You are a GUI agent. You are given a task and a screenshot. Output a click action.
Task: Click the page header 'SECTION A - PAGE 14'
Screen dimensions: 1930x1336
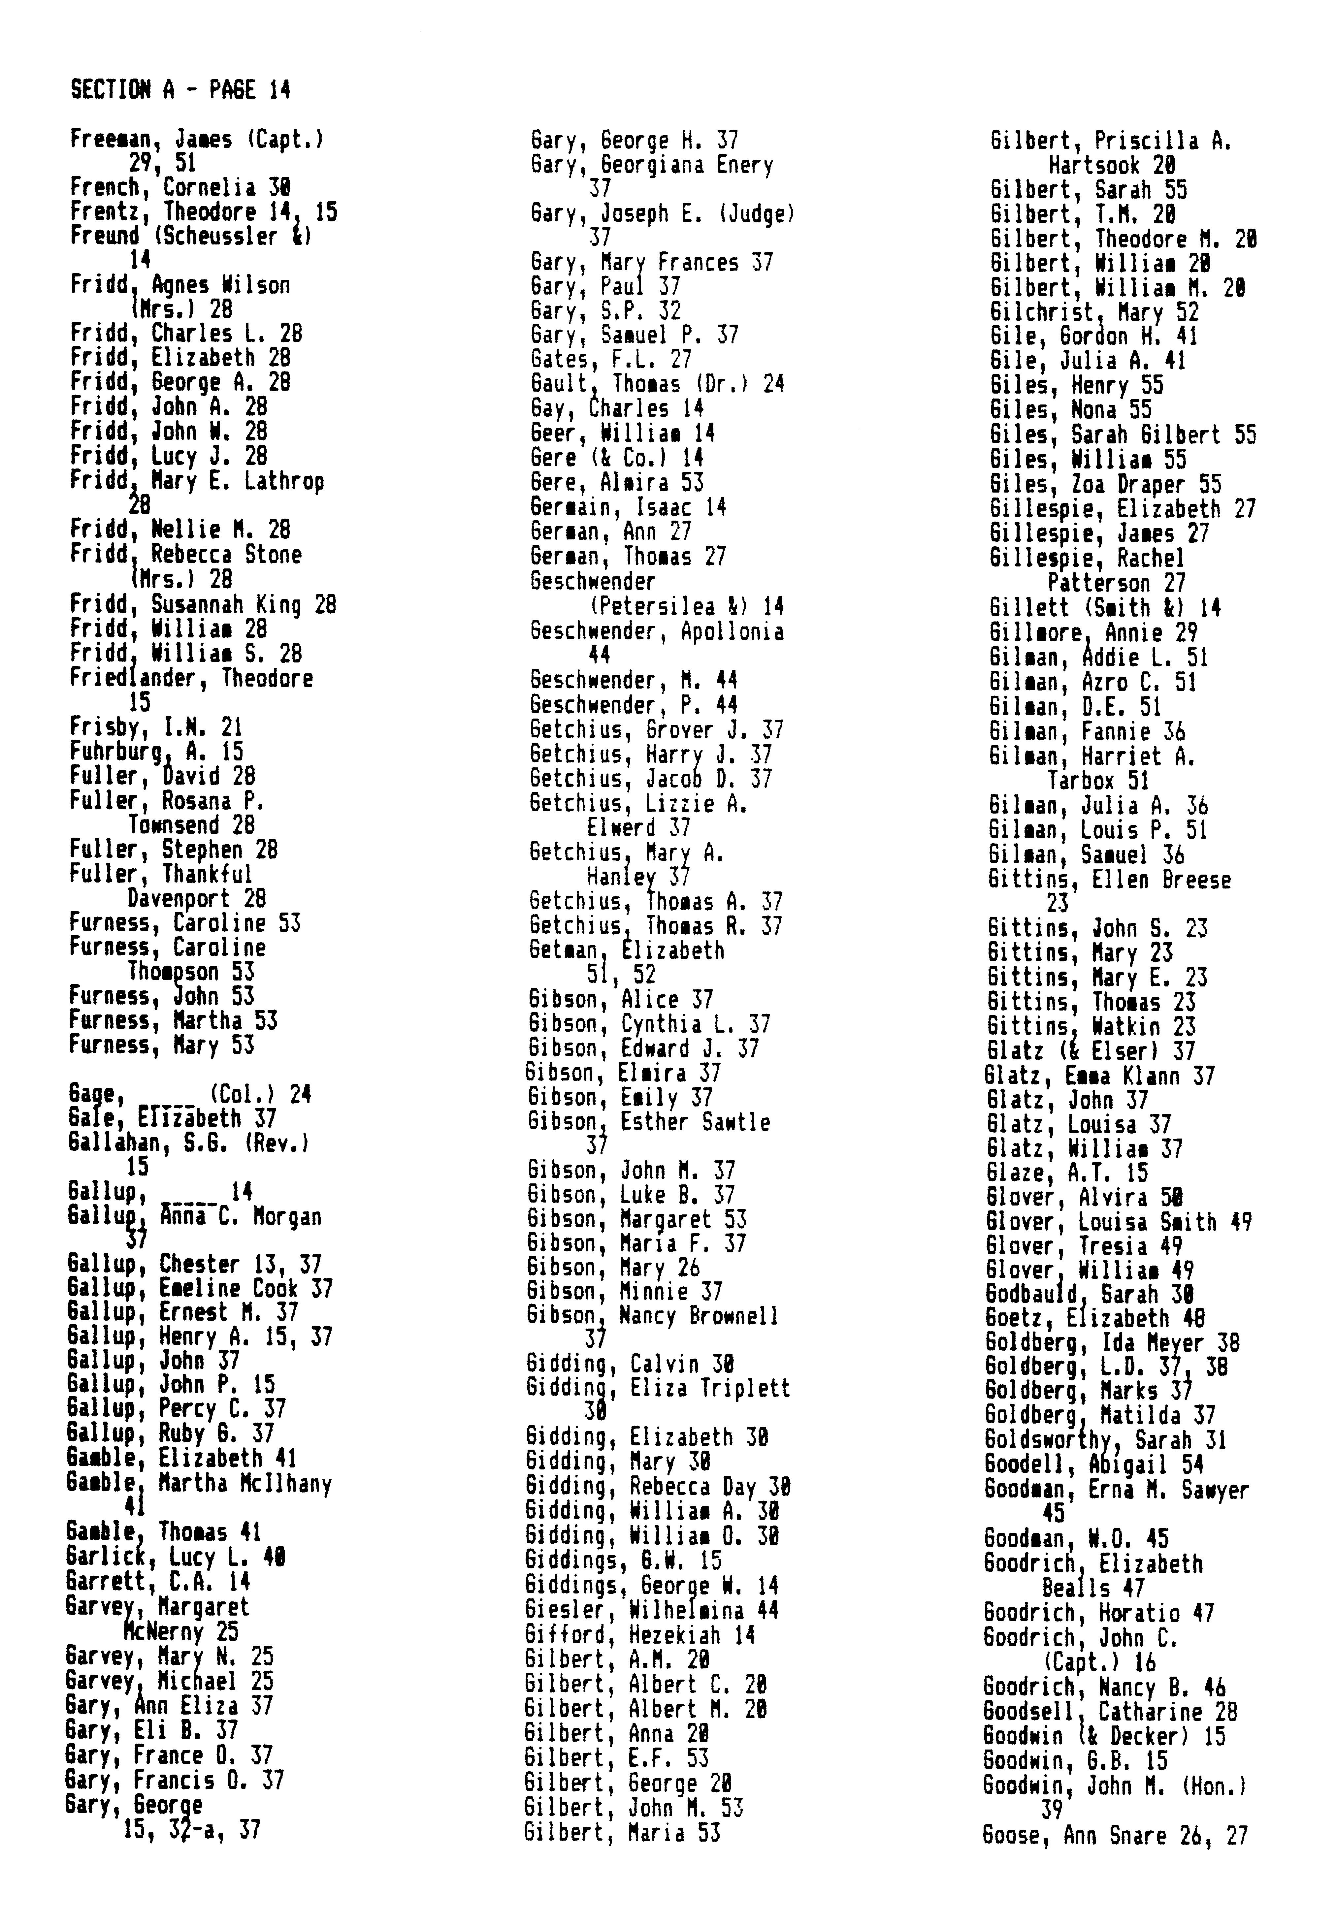click(x=181, y=89)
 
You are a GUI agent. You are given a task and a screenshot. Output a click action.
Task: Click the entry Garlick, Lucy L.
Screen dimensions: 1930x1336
click(x=176, y=1558)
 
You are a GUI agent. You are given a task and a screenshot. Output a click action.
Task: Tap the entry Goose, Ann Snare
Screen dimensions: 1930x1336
click(x=1114, y=1835)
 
